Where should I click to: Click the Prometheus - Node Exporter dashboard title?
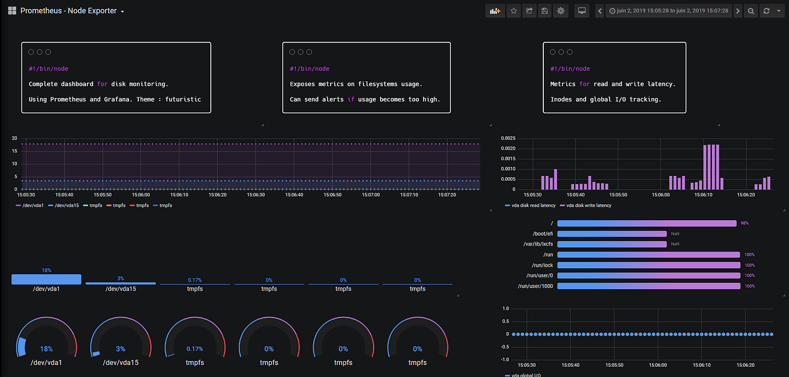68,11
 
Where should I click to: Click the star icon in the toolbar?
514,11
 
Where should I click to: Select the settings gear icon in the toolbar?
560,11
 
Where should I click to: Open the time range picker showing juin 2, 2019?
668,11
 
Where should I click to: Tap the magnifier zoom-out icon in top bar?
751,11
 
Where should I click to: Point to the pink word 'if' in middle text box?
351,99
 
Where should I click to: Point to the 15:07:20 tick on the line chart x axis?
447,195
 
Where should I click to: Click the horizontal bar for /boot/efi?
611,234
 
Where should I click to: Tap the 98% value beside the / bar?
744,223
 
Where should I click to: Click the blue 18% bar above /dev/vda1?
46,279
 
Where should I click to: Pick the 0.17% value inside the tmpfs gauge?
195,349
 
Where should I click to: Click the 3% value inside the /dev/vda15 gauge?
120,349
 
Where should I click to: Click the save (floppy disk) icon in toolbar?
544,11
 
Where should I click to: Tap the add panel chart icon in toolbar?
495,11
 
